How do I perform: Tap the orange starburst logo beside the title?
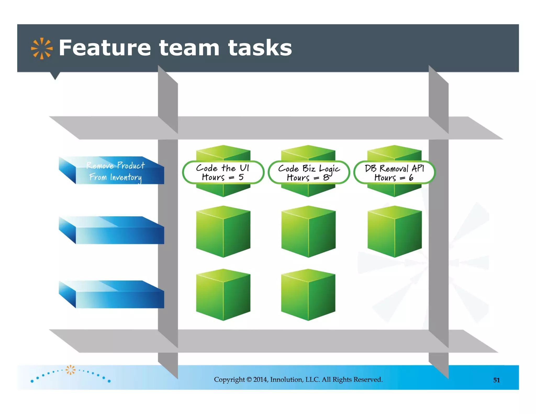tap(42, 48)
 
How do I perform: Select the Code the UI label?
tap(223, 172)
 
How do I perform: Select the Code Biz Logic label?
tap(309, 172)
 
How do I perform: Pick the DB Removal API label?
tap(394, 172)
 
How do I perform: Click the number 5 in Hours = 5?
tap(241, 177)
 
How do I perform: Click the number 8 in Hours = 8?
tap(326, 178)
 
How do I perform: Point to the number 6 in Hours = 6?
tap(411, 178)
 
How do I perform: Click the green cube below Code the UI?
tap(223, 232)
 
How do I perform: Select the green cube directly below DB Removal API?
tap(394, 232)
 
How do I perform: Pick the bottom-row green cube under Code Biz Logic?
tap(308, 295)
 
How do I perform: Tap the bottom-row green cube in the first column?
tap(223, 295)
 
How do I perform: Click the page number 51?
tap(496, 380)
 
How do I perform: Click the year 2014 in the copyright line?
tap(260, 379)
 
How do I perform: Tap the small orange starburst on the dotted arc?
tap(70, 370)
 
